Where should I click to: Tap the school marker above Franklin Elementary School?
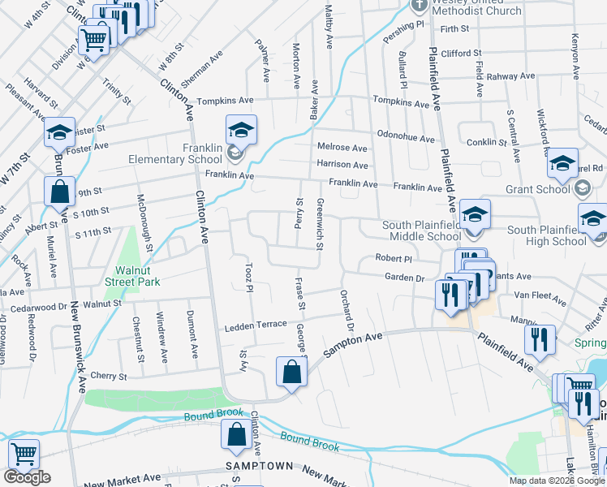[241, 131]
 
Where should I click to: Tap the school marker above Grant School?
[562, 164]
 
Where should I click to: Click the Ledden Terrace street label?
[256, 325]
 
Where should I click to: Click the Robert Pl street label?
[394, 257]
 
